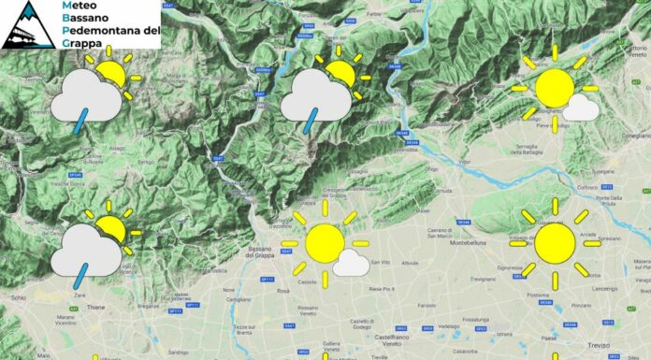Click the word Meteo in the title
78,6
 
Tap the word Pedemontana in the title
109,31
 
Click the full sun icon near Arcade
555,242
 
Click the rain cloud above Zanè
85,248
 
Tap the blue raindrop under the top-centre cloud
312,121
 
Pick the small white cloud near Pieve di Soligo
582,108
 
